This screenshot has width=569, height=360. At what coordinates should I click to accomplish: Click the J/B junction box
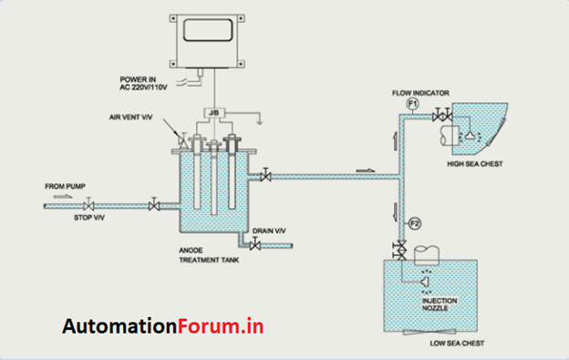pyautogui.click(x=213, y=115)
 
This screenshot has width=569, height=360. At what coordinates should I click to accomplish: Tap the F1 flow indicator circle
pyautogui.click(x=412, y=105)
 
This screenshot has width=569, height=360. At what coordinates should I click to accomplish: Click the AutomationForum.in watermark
pyautogui.click(x=165, y=326)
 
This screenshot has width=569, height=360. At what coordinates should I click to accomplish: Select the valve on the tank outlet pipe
pyautogui.click(x=264, y=175)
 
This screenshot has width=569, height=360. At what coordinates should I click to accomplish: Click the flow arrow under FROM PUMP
pyautogui.click(x=60, y=195)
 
